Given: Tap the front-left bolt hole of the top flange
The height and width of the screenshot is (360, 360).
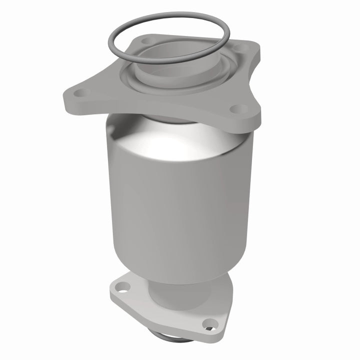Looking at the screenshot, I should (82, 92).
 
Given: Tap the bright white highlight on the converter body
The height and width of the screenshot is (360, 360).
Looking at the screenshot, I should (165, 145).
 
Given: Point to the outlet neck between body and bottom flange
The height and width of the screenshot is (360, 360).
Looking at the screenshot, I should (165, 290).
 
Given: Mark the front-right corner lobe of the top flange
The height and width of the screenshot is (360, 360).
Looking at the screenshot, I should (247, 115).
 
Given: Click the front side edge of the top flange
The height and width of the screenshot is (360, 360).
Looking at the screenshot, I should (160, 117).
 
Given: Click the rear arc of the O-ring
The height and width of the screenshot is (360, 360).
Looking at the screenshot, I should (170, 15).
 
